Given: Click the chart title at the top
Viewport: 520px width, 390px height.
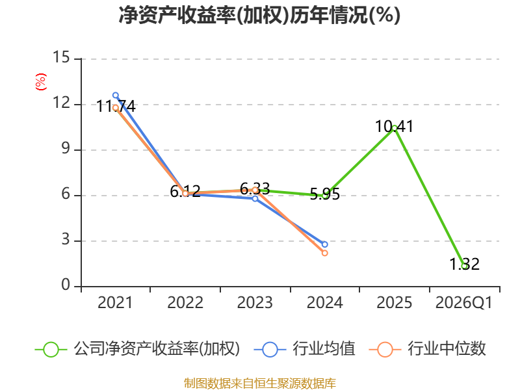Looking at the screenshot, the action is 259,15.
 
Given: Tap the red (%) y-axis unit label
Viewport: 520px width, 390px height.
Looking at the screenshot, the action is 41,82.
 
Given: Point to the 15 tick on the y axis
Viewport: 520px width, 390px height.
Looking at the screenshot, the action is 61,57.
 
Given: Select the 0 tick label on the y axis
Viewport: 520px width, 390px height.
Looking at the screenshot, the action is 66,285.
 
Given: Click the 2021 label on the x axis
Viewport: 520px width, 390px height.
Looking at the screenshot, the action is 115,302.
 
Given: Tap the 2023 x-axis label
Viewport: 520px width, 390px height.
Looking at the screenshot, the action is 255,302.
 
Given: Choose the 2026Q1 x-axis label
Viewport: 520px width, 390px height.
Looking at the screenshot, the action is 463,302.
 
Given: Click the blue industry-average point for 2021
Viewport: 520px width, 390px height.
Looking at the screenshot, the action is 116,96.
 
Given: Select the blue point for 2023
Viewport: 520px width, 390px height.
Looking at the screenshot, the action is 255,199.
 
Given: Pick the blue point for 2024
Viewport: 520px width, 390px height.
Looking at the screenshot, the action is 324,244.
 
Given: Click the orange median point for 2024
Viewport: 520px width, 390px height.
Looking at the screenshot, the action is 324,253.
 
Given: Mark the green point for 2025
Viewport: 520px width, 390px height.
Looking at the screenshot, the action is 395,128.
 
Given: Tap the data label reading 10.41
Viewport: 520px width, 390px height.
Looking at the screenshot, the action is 395,126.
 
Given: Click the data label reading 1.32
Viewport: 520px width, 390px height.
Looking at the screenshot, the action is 464,265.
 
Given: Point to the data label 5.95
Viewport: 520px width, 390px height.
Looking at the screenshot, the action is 324,194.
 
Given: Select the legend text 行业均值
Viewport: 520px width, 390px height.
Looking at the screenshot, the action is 324,349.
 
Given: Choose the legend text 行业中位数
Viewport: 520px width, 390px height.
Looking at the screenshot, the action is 447,349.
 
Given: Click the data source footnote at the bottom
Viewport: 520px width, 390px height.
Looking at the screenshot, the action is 260,383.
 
